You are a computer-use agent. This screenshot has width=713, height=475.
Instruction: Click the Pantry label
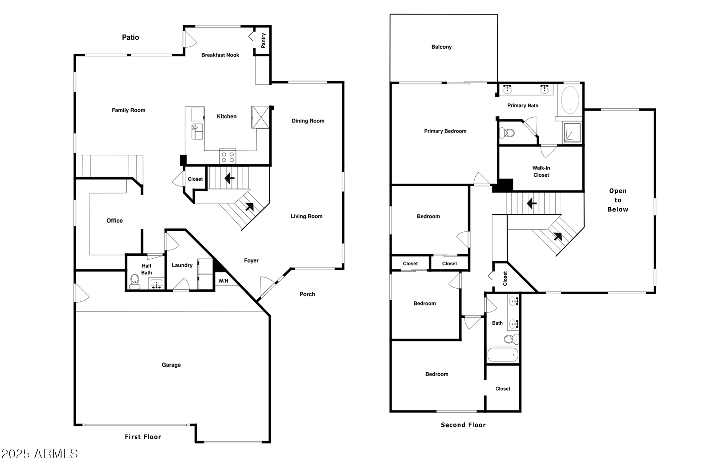tap(263, 40)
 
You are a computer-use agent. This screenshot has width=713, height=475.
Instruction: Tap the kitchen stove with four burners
tap(228, 156)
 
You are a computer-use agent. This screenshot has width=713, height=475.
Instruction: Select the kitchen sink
tap(198, 132)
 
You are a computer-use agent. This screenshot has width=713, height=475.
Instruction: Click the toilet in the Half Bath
tap(134, 282)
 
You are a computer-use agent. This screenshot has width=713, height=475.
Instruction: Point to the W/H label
tap(223, 281)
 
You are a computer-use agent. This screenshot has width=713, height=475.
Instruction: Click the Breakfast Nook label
tap(220, 55)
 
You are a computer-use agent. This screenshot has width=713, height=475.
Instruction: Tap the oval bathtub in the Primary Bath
tap(570, 100)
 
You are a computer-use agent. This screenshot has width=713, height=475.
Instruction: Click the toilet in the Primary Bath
tap(507, 132)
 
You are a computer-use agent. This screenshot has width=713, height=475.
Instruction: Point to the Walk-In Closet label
tap(541, 171)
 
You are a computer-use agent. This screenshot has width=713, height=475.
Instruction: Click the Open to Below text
tap(618, 200)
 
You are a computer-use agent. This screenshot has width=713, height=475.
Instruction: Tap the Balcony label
tap(442, 47)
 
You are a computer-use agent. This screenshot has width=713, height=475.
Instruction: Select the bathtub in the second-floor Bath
tap(502, 355)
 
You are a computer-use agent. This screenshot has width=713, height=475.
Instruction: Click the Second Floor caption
tap(463, 425)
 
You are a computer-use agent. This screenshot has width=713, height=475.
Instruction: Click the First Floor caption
tap(143, 437)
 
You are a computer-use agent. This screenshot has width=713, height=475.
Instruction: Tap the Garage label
tap(171, 365)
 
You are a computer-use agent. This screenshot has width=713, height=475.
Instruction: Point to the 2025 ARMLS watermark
tap(39, 453)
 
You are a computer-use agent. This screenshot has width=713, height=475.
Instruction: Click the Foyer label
tap(251, 261)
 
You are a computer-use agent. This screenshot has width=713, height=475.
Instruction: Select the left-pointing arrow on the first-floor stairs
tap(229, 178)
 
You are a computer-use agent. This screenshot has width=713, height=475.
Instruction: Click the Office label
tap(114, 220)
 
